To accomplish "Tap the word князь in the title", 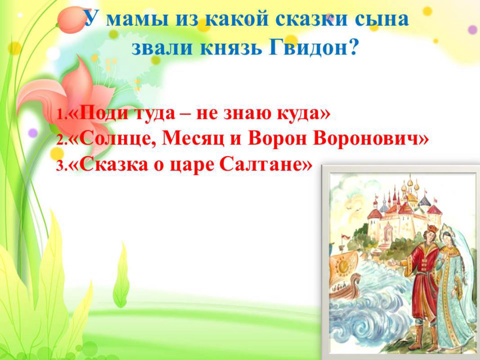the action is tap(231, 48).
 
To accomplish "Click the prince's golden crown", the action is tap(432, 228).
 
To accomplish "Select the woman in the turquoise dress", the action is tap(453, 288).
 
